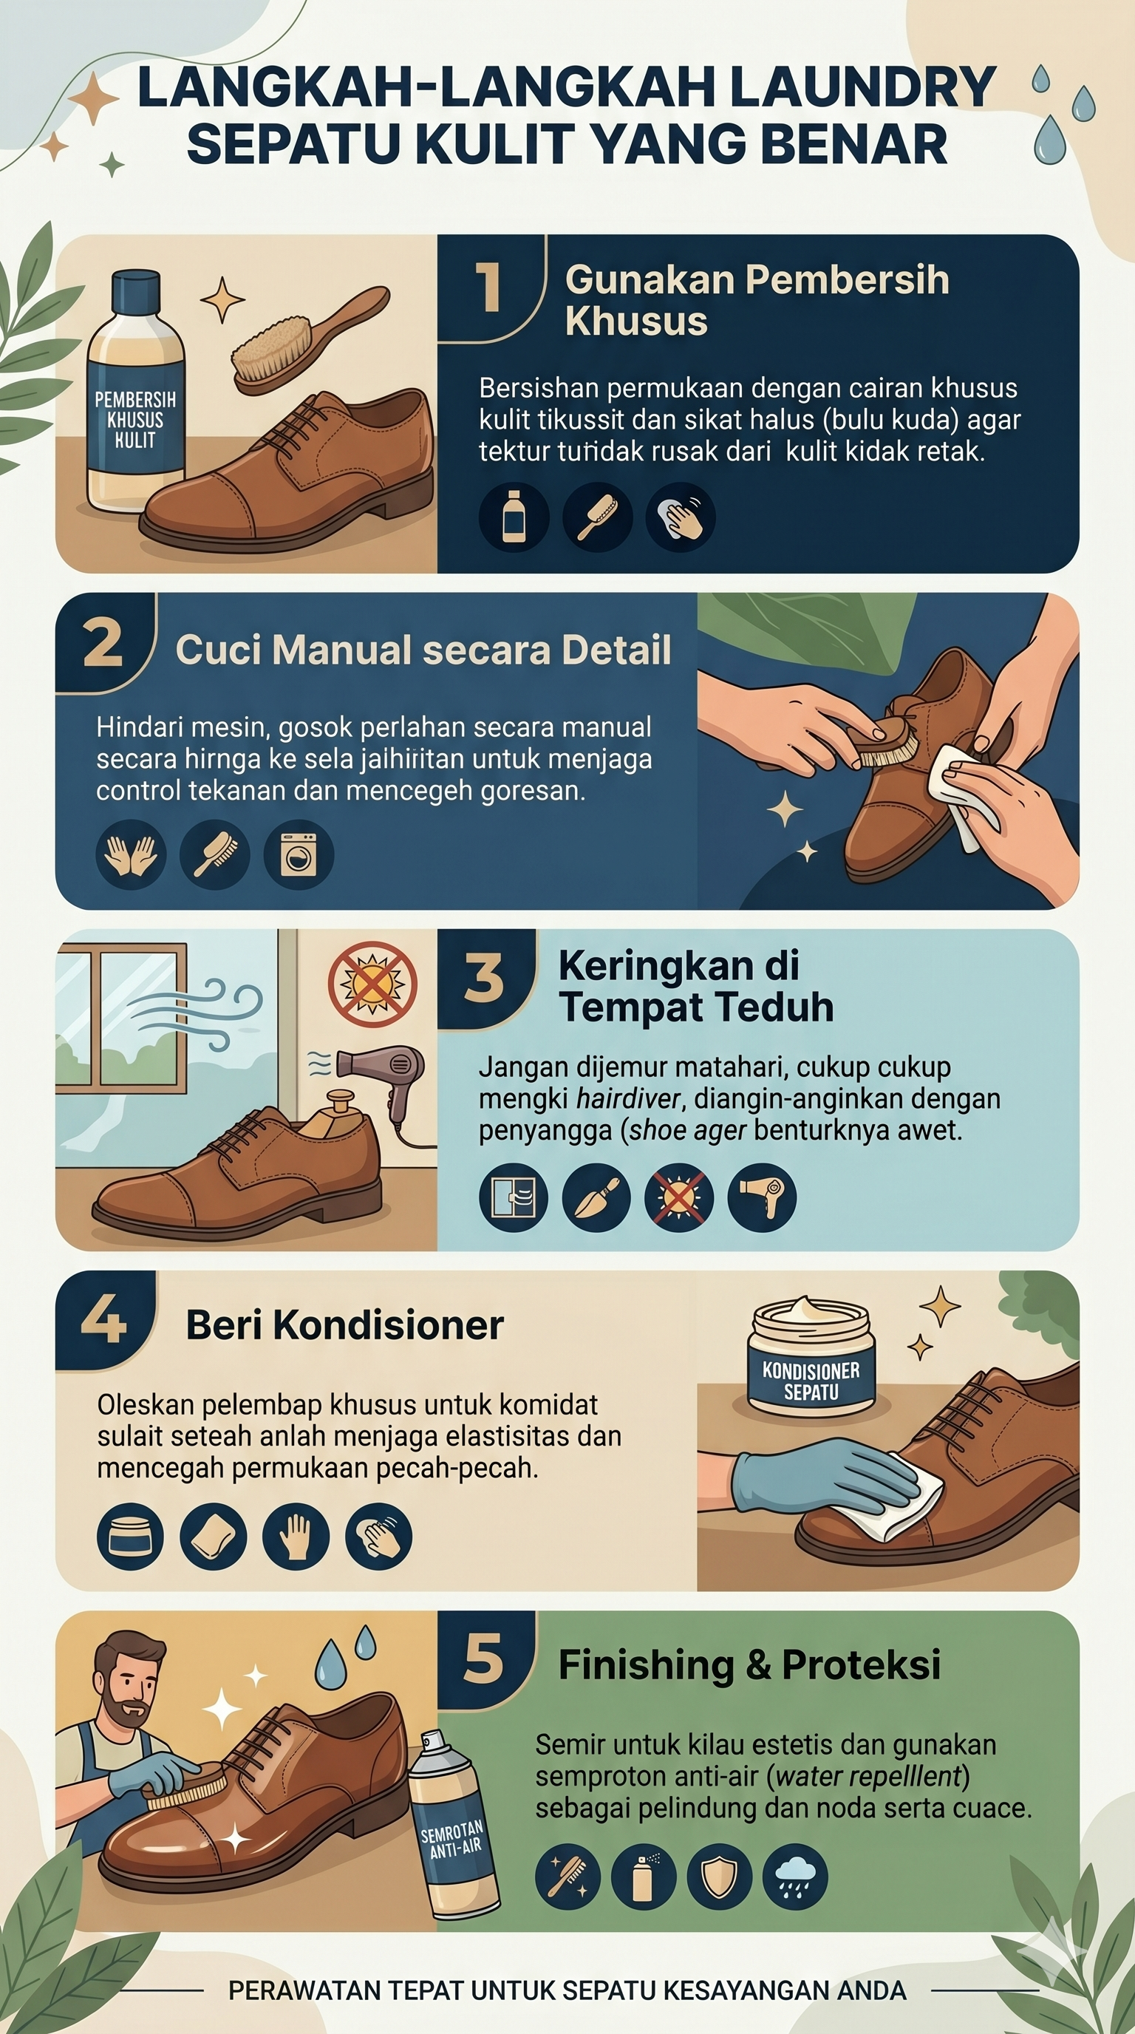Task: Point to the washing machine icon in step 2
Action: pyautogui.click(x=299, y=855)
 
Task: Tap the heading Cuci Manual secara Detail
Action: pyautogui.click(x=423, y=650)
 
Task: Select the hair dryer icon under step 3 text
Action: pyautogui.click(x=762, y=1197)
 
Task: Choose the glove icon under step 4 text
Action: pyautogui.click(x=296, y=1537)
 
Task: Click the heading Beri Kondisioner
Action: pyautogui.click(x=345, y=1325)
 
